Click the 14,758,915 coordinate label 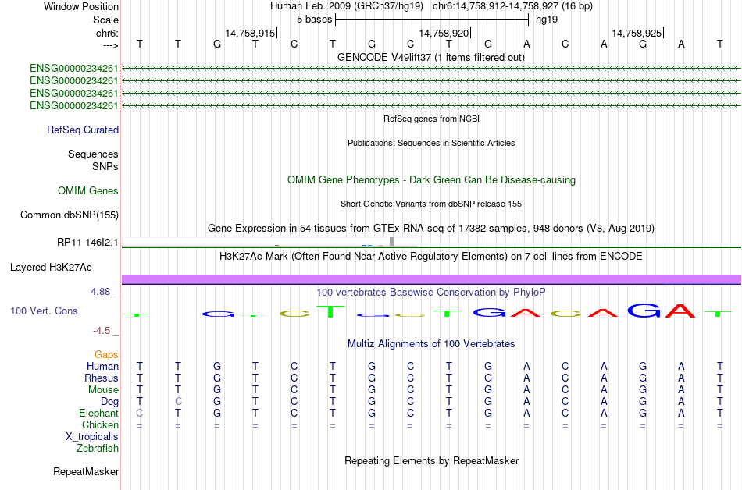point(250,33)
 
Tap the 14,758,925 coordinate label point(637,33)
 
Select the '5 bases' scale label point(314,20)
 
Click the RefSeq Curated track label point(83,130)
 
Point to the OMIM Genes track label point(88,191)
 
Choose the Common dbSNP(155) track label point(70,215)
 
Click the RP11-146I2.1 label point(87,243)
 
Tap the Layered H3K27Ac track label point(51,268)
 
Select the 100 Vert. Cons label point(44,311)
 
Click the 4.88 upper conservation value point(100,292)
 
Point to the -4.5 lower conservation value point(102,331)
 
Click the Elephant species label point(99,414)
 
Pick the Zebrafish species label point(98,449)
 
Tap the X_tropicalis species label point(92,437)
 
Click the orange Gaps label point(106,355)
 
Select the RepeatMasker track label point(86,471)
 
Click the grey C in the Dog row point(178,402)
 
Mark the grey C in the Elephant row point(140,414)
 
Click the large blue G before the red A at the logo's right point(644,311)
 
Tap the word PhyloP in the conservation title point(530,293)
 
